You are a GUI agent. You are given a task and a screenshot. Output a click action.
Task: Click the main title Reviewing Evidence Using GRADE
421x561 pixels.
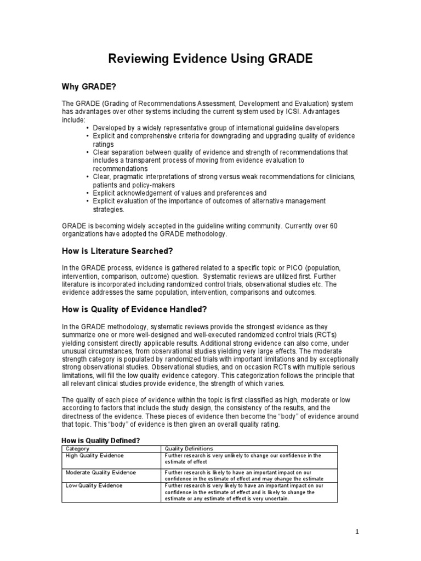click(x=210, y=59)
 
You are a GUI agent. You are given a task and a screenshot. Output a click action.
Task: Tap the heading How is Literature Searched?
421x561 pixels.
click(x=117, y=251)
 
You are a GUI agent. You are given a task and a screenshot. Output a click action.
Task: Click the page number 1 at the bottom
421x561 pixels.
click(x=356, y=531)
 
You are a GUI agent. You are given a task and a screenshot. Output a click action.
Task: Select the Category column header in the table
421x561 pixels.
click(x=77, y=448)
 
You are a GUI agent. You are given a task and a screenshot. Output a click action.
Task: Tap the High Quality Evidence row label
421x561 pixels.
click(x=95, y=455)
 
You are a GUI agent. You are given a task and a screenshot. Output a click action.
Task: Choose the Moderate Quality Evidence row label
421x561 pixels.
click(x=101, y=472)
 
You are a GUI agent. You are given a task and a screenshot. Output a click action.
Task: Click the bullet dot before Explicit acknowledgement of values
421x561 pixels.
click(x=88, y=193)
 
